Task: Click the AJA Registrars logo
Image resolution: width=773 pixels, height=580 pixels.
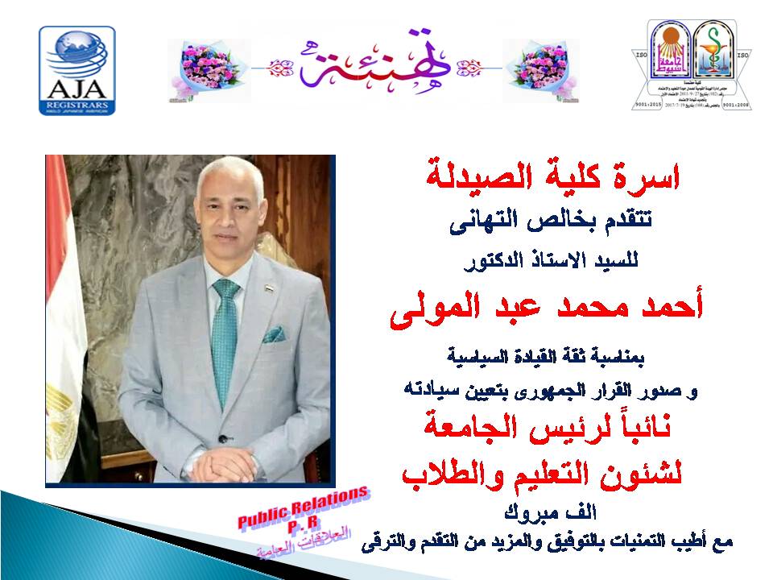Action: [x=77, y=70]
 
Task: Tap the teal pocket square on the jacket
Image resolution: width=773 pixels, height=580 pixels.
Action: [x=275, y=333]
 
